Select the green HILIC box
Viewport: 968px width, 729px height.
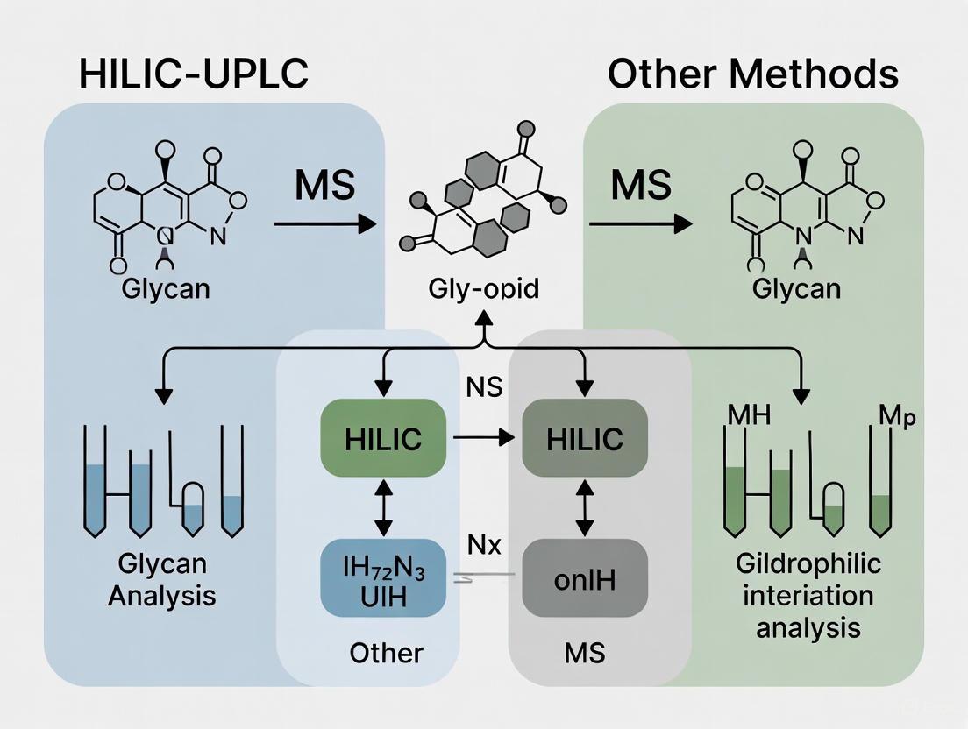382,438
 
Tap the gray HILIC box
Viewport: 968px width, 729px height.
585,438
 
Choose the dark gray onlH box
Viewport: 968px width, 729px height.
585,581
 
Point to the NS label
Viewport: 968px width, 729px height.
482,386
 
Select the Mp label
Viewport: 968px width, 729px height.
896,417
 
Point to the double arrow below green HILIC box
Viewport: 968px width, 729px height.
382,507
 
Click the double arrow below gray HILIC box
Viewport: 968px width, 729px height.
585,507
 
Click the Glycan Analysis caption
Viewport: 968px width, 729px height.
161,580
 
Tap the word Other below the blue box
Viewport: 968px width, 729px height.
386,652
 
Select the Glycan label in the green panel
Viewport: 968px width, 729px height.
797,288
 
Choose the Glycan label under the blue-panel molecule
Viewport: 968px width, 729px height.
167,288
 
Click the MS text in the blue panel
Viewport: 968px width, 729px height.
324,187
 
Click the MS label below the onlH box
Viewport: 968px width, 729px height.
585,652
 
